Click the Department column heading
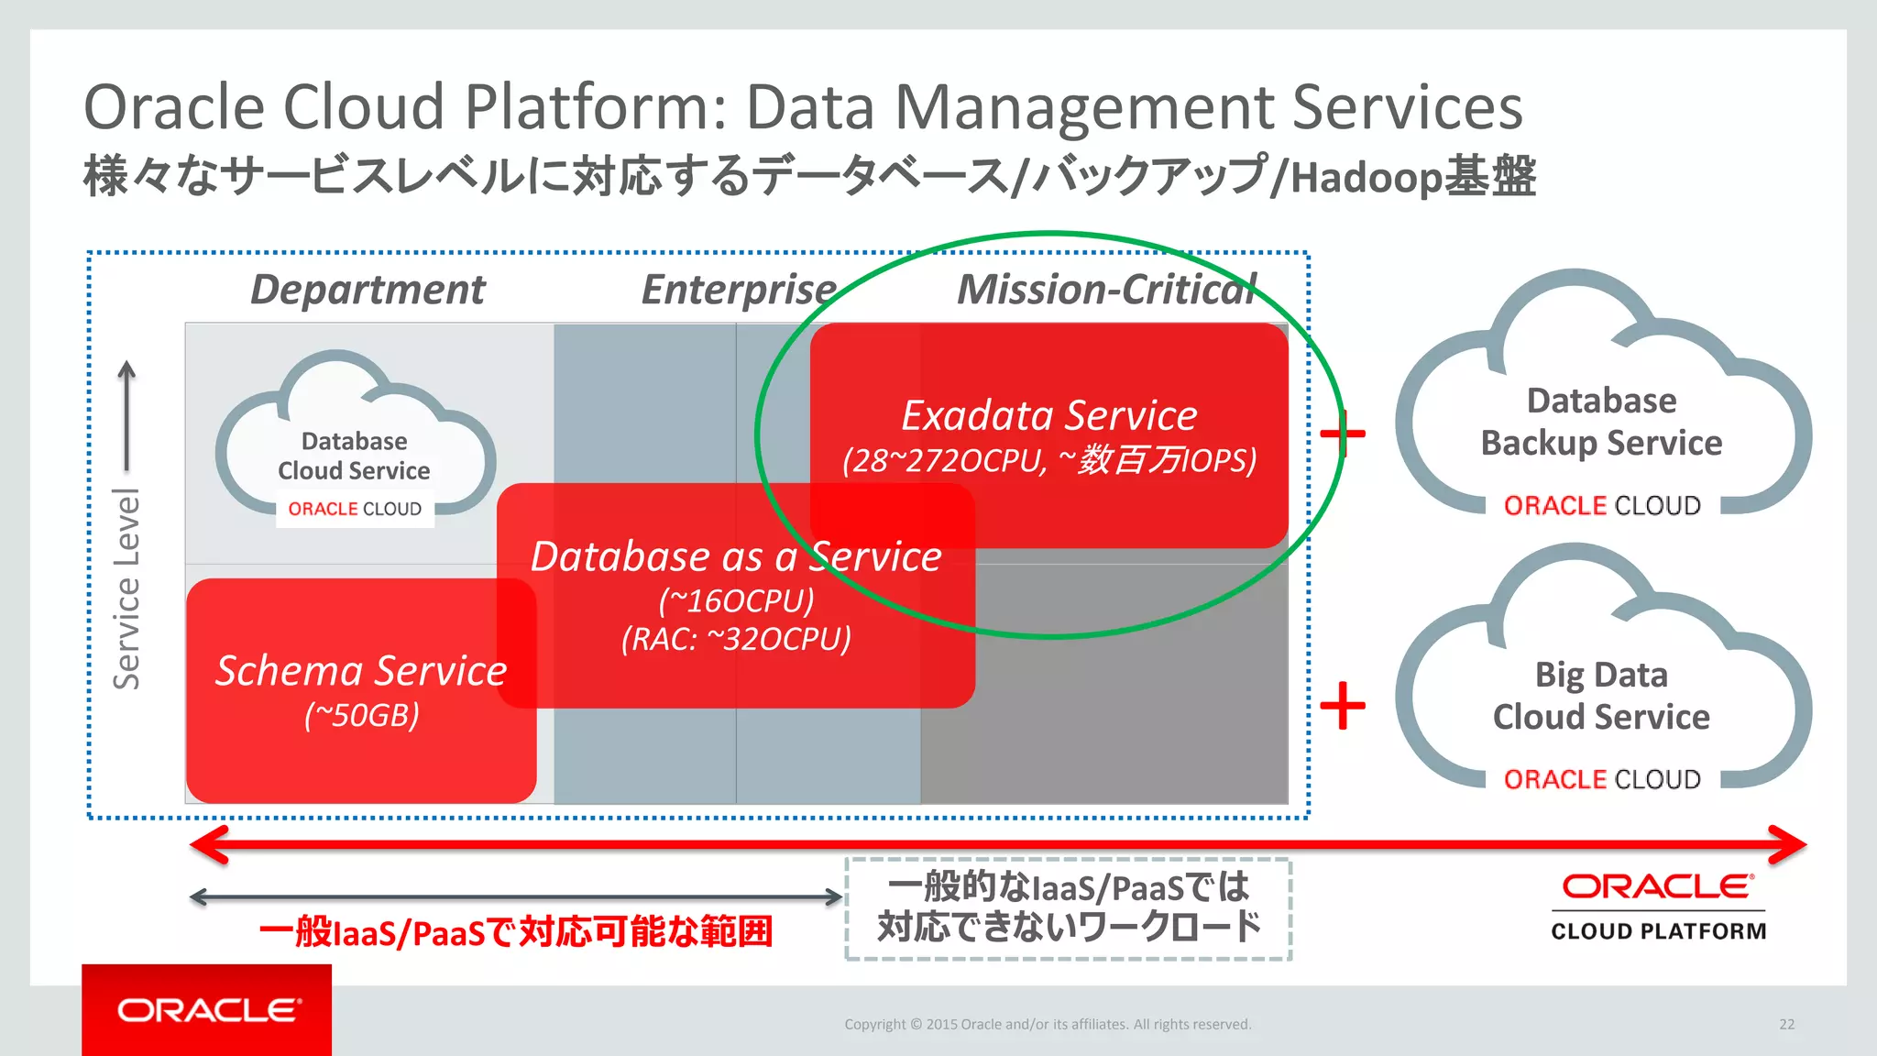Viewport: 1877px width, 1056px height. [x=368, y=290]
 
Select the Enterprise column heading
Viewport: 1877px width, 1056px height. [x=739, y=290]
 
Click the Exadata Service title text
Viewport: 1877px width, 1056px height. [x=1049, y=415]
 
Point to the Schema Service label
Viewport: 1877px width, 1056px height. [x=361, y=671]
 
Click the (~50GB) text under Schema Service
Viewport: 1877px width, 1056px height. [x=361, y=715]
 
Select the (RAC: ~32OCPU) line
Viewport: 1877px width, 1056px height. [x=736, y=639]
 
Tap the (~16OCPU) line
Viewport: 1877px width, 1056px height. [x=736, y=600]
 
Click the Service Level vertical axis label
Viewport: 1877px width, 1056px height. [x=126, y=588]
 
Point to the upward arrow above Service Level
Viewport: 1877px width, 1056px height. [x=126, y=412]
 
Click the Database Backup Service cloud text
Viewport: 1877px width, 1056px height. [x=1601, y=422]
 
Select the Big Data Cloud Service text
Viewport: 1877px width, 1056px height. [x=1601, y=696]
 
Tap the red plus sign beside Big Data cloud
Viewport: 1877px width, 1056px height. [x=1343, y=706]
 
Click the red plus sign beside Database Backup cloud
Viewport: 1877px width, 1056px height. [x=1343, y=433]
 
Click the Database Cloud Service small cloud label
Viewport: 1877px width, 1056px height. [x=354, y=456]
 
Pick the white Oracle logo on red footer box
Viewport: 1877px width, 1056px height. [x=208, y=1010]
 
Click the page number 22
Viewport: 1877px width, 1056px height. [x=1786, y=1024]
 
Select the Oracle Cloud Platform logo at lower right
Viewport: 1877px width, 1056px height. [x=1658, y=907]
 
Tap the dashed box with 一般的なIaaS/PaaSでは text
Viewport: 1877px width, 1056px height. [x=1068, y=908]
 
